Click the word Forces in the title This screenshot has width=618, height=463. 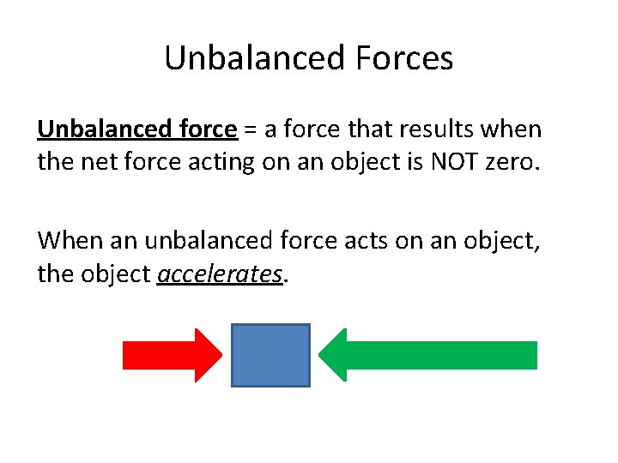402,58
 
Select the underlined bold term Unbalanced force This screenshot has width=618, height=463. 136,129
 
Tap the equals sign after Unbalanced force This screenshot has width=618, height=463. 249,130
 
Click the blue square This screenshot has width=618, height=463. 270,355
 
